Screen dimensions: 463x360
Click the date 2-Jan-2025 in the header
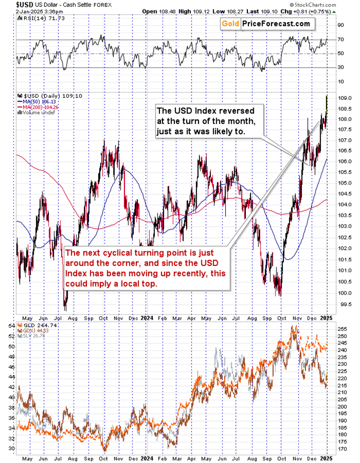(18, 10)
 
